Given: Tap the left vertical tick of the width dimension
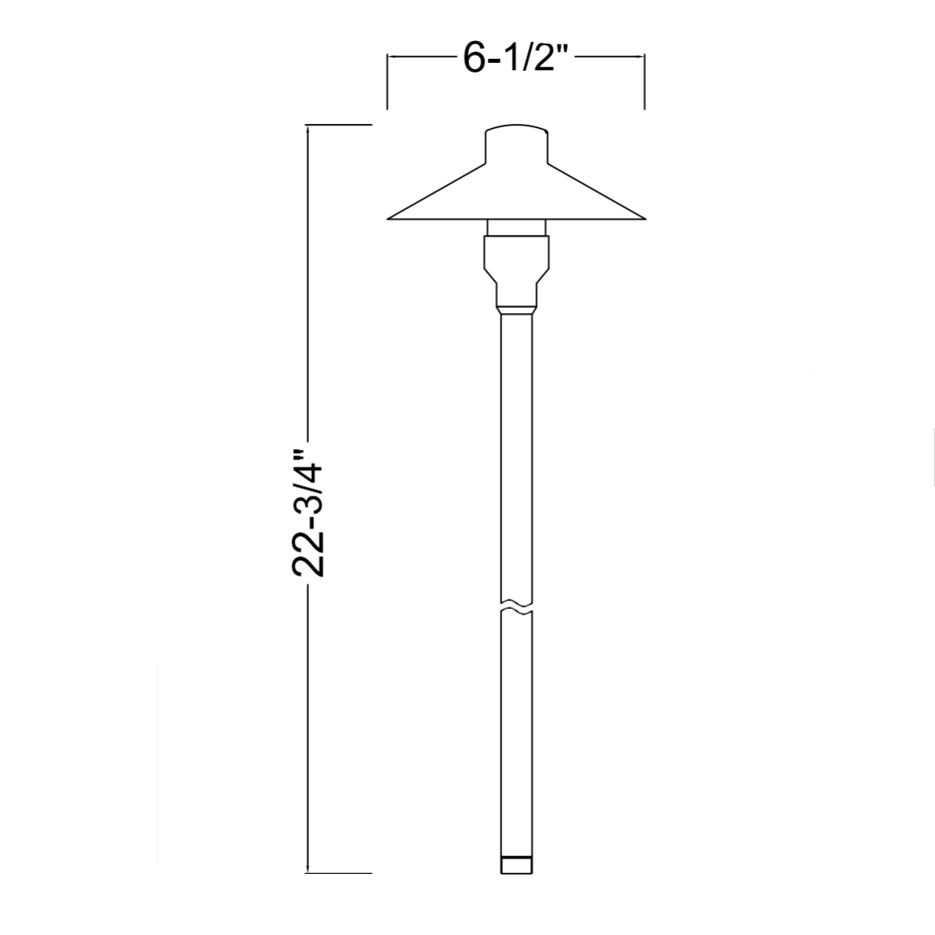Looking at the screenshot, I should [x=388, y=81].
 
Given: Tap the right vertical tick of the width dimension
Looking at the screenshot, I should [x=644, y=81].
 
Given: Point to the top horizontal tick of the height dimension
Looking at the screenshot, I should [x=338, y=125].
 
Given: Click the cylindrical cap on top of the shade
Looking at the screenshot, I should [x=517, y=145].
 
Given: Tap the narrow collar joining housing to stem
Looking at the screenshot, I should [x=517, y=307].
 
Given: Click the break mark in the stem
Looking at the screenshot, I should [x=517, y=605].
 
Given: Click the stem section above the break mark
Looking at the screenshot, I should [x=517, y=451].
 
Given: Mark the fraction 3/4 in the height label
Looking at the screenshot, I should [x=309, y=483].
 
